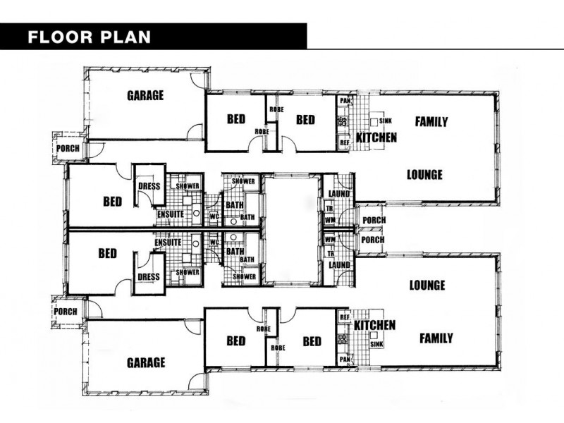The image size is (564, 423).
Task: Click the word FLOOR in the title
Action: coord(59,37)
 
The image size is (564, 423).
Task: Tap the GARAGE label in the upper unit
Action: coord(145,95)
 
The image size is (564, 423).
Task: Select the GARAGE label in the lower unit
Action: coord(146,362)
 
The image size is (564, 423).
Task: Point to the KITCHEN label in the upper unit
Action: coord(376,137)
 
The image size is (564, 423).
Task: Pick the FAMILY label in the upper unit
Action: coord(431,121)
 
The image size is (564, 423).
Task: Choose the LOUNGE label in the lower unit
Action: coord(427,286)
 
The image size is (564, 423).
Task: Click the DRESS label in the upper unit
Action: coord(149,187)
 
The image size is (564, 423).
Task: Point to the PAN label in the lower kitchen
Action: coord(345,359)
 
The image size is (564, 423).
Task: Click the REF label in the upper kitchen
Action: coord(345,143)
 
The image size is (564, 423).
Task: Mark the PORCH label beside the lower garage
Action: coord(66,312)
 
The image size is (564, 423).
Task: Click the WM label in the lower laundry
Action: coord(329,240)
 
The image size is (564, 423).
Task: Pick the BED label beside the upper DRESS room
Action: coord(112,202)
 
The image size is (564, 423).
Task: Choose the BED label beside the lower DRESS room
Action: coord(107,252)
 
